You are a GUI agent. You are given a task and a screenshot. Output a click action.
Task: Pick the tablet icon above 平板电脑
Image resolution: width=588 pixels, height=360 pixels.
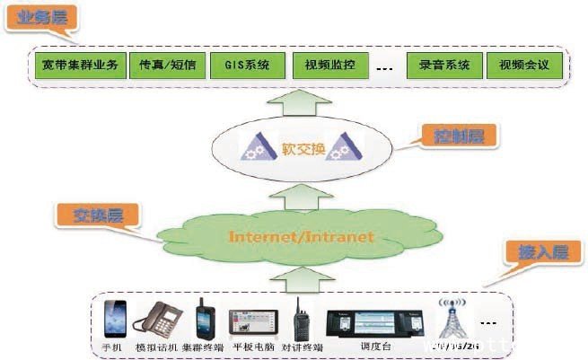(250, 321)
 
